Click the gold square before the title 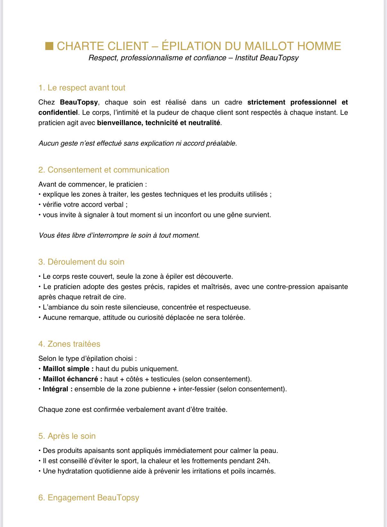click(x=49, y=46)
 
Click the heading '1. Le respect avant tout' click(x=82, y=88)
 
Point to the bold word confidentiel click(x=58, y=113)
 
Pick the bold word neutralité click(x=204, y=123)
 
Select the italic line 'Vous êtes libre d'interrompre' click(x=119, y=235)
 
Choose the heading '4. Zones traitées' click(x=69, y=344)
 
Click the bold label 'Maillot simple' click(x=68, y=369)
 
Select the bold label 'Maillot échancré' click(x=73, y=379)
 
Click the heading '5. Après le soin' click(x=67, y=436)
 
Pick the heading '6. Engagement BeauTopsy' click(x=89, y=498)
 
